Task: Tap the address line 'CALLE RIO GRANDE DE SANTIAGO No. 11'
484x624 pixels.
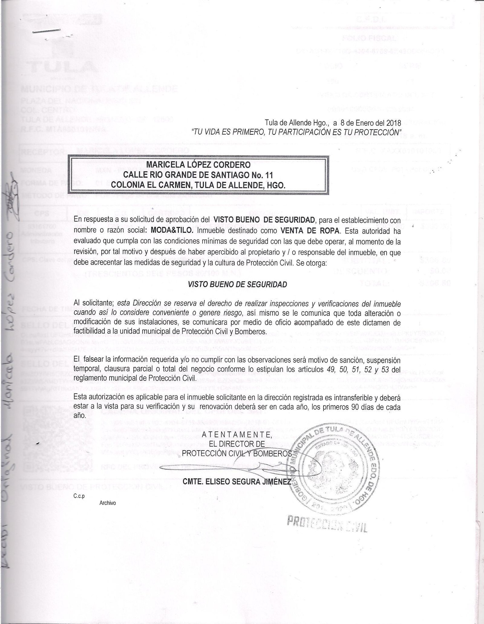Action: pos(198,175)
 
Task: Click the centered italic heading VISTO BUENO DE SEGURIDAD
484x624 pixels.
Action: pos(237,284)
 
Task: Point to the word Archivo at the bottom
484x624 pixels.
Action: pos(108,503)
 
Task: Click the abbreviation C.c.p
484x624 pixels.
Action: pos(78,496)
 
